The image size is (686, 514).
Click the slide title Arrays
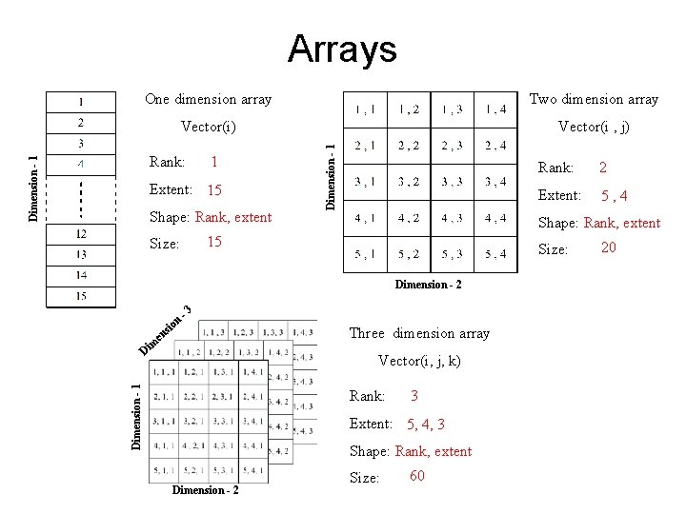[x=342, y=49]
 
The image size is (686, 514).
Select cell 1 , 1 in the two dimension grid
[x=365, y=109]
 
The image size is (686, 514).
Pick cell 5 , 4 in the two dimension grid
[x=495, y=253]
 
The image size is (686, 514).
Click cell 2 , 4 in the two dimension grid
[x=495, y=146]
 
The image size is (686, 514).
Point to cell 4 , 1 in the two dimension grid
[x=365, y=218]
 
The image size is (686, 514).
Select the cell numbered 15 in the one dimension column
[x=81, y=296]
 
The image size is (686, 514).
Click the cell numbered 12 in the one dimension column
[x=81, y=234]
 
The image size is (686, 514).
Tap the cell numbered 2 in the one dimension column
[x=81, y=123]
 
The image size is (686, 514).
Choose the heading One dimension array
[x=208, y=99]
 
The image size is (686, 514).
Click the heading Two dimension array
[x=593, y=99]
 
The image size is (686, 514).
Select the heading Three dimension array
[x=419, y=333]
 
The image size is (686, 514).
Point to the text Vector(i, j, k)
[x=419, y=361]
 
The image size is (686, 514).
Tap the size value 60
[x=416, y=476]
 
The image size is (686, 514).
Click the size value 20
[x=608, y=248]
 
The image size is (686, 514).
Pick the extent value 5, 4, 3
[x=425, y=425]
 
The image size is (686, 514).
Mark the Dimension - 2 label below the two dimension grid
[x=429, y=285]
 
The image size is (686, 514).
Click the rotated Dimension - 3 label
[x=166, y=328]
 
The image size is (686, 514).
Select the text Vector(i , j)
[x=594, y=127]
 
